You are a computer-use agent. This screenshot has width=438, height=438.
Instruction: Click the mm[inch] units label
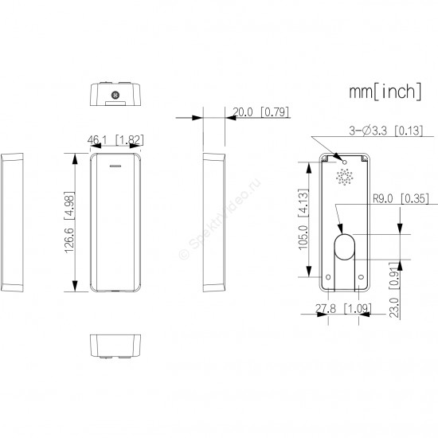385,92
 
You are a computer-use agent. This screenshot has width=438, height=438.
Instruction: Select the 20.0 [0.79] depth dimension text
260,112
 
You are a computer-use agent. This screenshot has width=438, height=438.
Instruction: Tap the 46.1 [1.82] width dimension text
115,139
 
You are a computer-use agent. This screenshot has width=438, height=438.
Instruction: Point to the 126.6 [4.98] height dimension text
69,222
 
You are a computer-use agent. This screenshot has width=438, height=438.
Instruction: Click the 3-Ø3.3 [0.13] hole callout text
386,131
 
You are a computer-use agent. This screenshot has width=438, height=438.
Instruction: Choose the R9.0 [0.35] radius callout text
401,199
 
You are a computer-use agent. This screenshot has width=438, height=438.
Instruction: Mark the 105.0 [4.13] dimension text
303,219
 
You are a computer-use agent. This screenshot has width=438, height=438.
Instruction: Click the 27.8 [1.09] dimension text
343,309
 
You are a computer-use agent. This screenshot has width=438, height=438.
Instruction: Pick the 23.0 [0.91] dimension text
394,290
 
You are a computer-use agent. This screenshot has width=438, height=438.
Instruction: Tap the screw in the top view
115,95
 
